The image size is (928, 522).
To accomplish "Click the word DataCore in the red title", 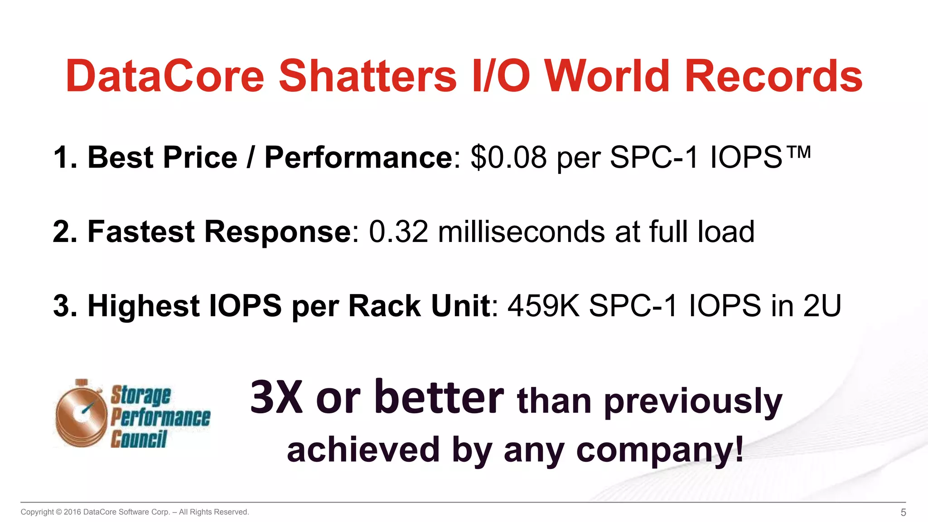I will tap(165, 76).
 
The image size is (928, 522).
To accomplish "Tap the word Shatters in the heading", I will tap(367, 76).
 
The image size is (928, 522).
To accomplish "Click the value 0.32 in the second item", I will tap(398, 232).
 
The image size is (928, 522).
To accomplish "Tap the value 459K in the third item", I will tap(543, 306).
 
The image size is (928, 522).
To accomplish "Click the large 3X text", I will tap(276, 398).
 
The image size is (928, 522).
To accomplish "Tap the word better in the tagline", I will tap(439, 398).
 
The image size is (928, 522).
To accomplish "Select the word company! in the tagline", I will tap(660, 450).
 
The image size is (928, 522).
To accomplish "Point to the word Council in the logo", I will tap(139, 439).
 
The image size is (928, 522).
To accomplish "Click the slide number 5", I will tap(903, 512).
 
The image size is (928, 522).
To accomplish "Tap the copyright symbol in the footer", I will tap(58, 512).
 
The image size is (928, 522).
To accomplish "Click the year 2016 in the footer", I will tap(72, 512).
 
